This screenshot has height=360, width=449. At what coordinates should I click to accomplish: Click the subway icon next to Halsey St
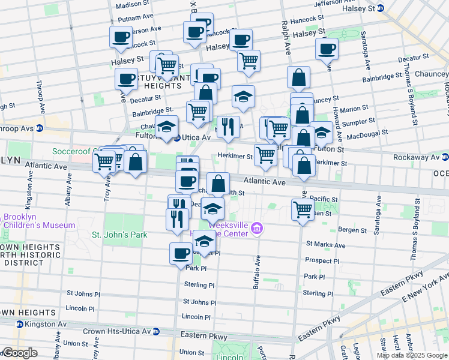(388, 9)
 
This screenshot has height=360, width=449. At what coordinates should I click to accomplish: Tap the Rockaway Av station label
(417, 157)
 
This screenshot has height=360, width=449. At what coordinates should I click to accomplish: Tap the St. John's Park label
(119, 235)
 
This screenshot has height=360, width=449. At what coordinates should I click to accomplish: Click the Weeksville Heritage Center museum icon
(258, 228)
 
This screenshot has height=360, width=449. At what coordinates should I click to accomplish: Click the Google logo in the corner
(20, 353)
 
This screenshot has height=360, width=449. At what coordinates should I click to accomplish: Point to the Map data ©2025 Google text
(411, 355)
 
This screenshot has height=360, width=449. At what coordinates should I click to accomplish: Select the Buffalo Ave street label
(258, 265)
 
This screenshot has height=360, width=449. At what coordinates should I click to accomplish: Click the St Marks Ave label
(325, 245)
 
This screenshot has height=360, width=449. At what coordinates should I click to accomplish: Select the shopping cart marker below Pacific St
(303, 211)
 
